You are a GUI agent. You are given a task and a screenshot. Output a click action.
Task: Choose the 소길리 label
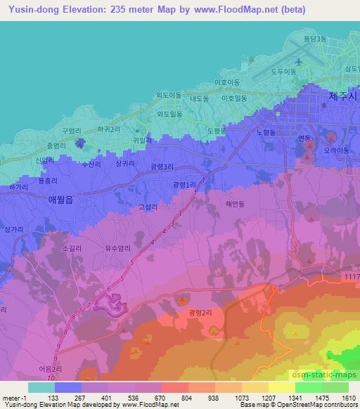click(72, 247)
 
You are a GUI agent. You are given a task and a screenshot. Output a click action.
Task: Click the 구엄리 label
click(72, 131)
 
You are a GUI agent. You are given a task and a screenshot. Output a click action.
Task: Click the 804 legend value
click(187, 397)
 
